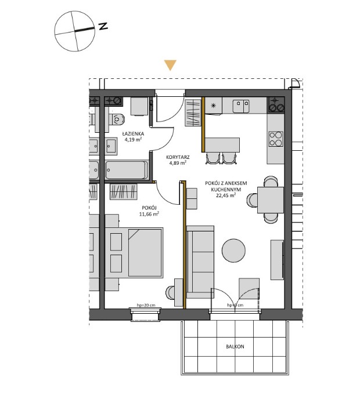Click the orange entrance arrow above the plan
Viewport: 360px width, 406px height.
point(170,65)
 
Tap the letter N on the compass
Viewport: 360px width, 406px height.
point(103,26)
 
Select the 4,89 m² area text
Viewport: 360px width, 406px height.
point(177,164)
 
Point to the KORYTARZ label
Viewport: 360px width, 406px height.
point(177,157)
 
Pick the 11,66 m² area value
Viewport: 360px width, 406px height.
point(149,213)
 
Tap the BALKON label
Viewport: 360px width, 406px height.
point(235,347)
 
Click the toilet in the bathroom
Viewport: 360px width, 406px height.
point(120,120)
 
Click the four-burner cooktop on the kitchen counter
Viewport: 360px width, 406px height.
point(275,139)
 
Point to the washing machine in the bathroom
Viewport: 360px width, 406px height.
point(139,107)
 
